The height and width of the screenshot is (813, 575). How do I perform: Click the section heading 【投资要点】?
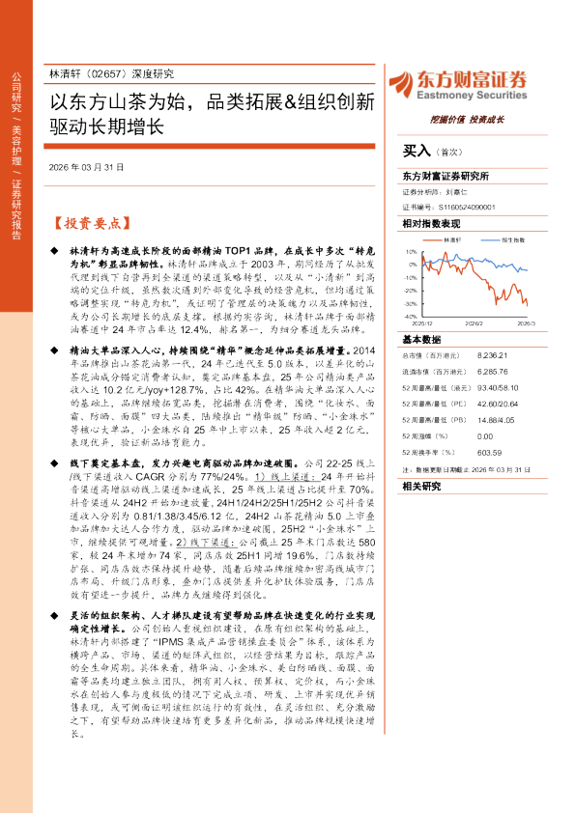(90, 222)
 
